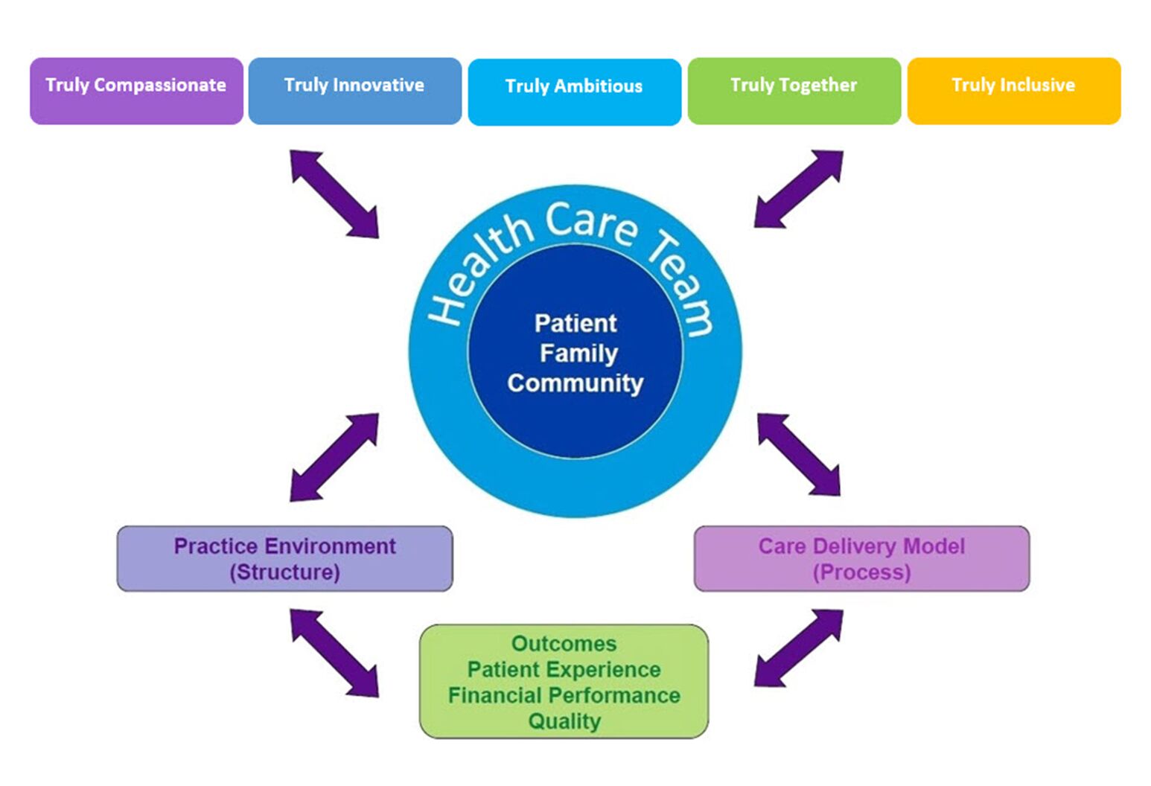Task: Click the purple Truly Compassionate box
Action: coord(136,91)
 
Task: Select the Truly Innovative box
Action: coord(354,91)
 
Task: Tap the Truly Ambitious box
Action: coord(574,92)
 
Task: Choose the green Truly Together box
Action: coord(794,91)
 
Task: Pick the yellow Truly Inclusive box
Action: coord(1013,91)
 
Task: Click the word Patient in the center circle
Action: coord(575,323)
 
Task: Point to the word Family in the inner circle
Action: coord(578,353)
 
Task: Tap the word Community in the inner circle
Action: coord(575,383)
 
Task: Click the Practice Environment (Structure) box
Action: coord(284,559)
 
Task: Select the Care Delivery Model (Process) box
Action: coord(861,559)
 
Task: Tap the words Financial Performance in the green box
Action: coord(564,695)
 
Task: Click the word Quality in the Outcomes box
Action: coord(564,721)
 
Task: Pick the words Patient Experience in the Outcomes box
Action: coord(564,669)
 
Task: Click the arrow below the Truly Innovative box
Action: coord(334,194)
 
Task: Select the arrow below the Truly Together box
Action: coord(798,189)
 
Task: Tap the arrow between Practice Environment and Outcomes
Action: coord(334,653)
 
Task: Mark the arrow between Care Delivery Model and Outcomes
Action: coord(798,648)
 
